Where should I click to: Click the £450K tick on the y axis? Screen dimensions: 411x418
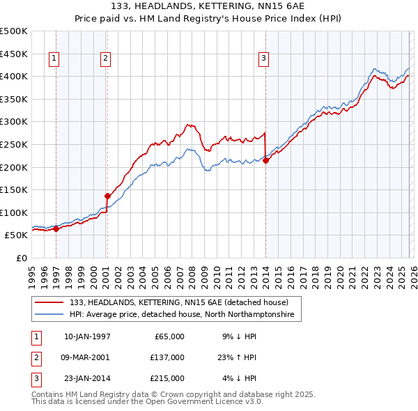click(15, 54)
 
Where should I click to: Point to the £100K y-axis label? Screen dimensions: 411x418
click(15, 212)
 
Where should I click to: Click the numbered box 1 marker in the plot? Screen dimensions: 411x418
click(54, 59)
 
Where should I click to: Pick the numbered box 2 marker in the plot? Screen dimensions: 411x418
click(105, 59)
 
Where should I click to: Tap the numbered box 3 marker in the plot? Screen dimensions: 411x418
click(264, 59)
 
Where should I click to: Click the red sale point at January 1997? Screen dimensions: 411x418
click(56, 228)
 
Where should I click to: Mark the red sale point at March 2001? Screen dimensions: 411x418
click(107, 196)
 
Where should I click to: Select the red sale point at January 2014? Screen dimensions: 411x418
click(265, 160)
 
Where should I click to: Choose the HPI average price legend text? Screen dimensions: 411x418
click(182, 315)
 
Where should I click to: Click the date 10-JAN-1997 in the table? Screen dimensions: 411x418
click(87, 336)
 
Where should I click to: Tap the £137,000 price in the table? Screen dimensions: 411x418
click(167, 357)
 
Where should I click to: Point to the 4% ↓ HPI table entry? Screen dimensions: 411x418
click(240, 378)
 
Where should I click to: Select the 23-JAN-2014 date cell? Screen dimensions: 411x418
click(87, 378)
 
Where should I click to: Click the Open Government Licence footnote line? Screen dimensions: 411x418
click(147, 402)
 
